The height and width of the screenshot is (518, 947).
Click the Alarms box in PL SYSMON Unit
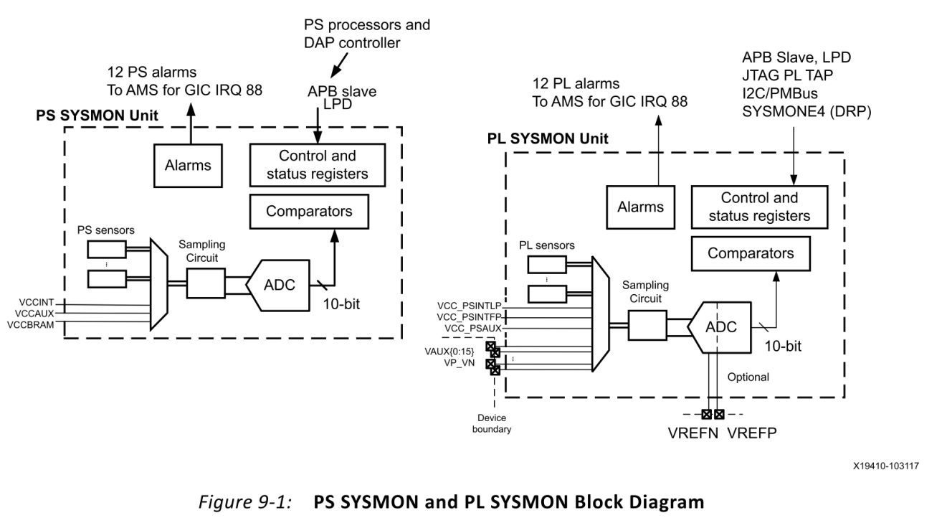641,207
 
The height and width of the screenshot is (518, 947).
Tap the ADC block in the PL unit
720,326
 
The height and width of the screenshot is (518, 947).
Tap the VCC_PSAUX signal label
471,327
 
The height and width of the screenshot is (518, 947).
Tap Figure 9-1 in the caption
272,502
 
